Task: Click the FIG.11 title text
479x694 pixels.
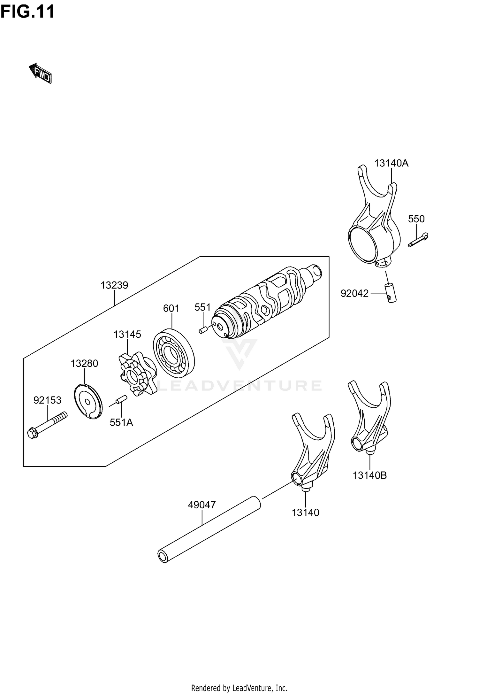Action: coord(27,12)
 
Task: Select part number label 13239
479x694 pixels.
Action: coord(114,285)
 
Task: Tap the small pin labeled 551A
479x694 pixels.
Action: coord(121,400)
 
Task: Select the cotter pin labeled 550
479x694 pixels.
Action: coord(418,240)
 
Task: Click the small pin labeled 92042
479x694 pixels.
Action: coord(391,292)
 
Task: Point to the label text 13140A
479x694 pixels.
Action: coord(391,163)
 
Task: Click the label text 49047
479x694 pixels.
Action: coord(202,505)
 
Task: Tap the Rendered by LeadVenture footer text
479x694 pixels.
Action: coord(239,688)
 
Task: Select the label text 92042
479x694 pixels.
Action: coord(354,293)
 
